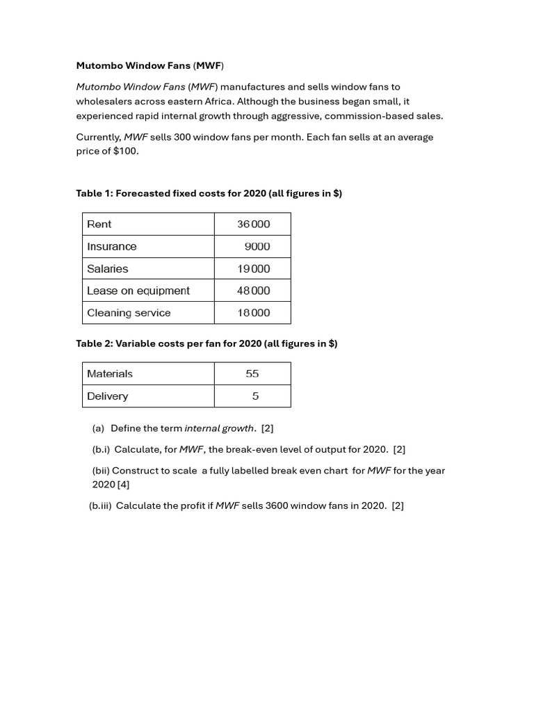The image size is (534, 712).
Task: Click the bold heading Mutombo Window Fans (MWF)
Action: click(150, 66)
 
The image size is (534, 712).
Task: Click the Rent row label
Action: click(99, 224)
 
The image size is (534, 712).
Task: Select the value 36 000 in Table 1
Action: click(253, 224)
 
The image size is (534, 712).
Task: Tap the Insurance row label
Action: click(112, 246)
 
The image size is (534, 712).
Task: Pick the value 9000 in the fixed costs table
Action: click(257, 246)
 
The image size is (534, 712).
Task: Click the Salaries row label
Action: click(108, 268)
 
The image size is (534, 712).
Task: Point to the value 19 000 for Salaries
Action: click(253, 268)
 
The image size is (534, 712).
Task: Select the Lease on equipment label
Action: click(138, 291)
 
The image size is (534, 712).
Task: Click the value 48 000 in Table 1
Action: click(253, 291)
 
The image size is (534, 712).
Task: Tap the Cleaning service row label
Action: click(129, 313)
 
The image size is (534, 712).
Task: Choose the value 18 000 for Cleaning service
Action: click(253, 313)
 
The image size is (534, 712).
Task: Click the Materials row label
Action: click(110, 373)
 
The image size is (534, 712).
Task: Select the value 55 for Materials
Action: click(252, 373)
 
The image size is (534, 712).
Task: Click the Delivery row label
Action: click(108, 396)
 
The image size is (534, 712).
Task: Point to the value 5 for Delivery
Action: click(255, 396)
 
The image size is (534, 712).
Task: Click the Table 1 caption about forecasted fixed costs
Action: click(209, 193)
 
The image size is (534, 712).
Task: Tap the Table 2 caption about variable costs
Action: click(207, 343)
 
